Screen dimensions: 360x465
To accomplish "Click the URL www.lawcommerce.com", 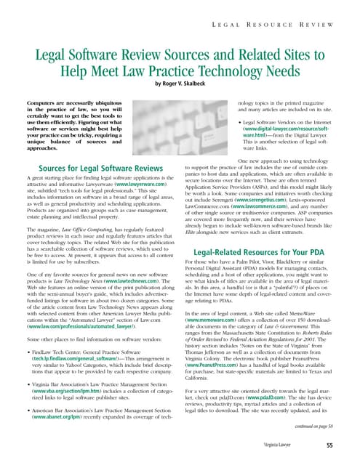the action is (x=261, y=213).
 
